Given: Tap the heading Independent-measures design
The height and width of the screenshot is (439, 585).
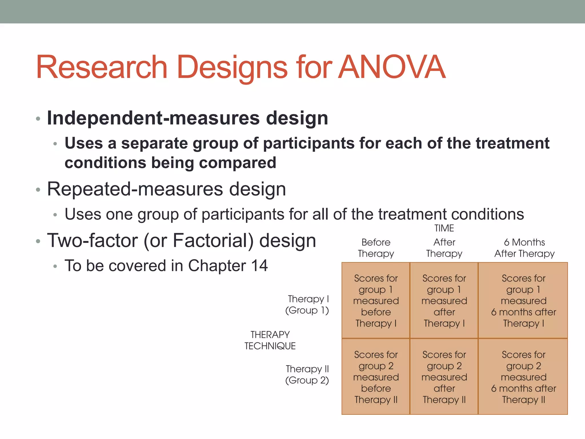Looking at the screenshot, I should point(187,118).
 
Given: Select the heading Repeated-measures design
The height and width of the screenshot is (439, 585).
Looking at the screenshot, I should point(166,189).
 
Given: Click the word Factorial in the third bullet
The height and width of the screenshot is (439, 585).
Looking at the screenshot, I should point(213,241).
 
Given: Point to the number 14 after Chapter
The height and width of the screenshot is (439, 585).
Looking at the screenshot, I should point(259,266).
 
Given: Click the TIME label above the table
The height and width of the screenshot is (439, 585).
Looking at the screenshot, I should point(444,228).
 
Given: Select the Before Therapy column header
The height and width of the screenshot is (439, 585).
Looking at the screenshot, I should point(376,248).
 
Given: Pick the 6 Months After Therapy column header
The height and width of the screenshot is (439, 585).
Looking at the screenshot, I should point(524,248).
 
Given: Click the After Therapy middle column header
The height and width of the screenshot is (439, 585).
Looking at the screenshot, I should point(444,248).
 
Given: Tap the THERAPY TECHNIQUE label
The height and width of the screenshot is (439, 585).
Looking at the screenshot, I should point(270,340).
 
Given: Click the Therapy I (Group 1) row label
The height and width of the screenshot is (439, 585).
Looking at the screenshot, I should point(307,304).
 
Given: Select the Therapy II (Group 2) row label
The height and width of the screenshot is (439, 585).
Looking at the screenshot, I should point(307,374).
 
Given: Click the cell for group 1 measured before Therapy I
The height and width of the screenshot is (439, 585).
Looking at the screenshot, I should point(376,300).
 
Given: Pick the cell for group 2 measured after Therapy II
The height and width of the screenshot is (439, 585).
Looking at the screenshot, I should point(444,377).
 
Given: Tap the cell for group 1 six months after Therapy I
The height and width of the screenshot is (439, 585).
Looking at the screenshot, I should point(523,300).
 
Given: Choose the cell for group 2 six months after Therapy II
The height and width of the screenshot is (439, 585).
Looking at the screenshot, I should point(523,377).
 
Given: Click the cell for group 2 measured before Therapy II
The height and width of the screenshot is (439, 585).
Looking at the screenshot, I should point(376,377).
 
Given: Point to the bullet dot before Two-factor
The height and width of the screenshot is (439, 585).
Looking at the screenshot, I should point(38,242).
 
